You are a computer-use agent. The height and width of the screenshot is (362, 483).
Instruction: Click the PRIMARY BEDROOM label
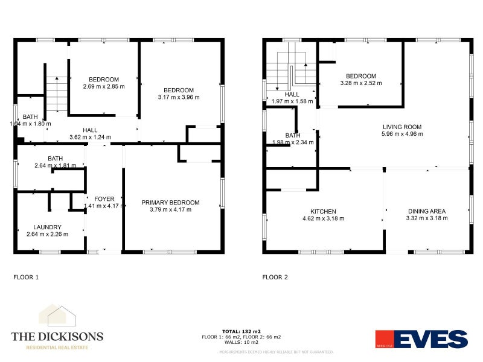170,203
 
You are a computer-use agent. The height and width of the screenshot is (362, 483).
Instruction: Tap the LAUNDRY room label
47,227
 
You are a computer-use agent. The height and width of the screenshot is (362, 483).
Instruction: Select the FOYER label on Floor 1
104,198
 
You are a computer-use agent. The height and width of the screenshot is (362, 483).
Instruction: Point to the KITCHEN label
323,212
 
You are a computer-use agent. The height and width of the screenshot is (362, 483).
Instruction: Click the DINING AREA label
426,212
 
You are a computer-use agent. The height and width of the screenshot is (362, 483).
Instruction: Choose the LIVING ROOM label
401,127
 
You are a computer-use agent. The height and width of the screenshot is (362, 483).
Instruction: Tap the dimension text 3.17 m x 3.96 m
178,97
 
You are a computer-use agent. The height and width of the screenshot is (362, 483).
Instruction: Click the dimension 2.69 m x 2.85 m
104,86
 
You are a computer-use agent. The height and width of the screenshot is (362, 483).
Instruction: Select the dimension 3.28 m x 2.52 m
361,83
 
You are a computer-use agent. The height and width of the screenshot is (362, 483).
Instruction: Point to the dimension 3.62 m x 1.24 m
90,137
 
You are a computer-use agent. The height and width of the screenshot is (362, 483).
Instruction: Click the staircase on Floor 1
57,94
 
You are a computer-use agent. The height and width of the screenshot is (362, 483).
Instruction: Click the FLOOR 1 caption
26,278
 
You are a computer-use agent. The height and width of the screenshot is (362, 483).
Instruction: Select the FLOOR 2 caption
275,278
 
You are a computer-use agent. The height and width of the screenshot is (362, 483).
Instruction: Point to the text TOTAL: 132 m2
241,331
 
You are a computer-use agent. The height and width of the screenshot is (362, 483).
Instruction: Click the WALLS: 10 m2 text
241,342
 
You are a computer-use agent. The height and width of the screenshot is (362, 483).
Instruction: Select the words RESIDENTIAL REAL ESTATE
57,348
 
